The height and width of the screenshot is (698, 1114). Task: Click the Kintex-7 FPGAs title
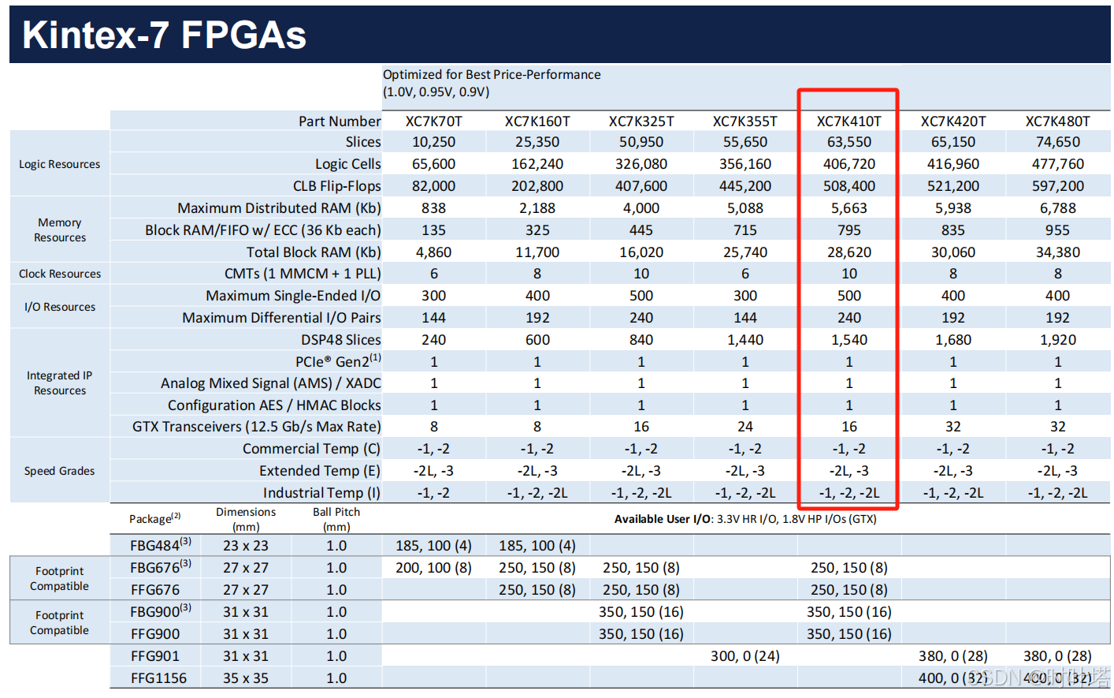[x=164, y=35]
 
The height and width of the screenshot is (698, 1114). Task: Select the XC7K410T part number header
[x=848, y=121]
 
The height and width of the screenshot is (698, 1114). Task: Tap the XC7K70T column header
[x=433, y=121]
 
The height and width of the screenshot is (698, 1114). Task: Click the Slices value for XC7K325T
[x=641, y=142]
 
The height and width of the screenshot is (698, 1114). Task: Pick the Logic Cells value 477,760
[x=1057, y=164]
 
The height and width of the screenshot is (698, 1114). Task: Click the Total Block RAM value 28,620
[x=848, y=252]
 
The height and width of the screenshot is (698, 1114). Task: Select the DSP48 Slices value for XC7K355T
[x=745, y=340]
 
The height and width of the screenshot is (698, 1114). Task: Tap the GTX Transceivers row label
[x=256, y=427]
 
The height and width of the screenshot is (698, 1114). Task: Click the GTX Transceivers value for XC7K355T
[x=745, y=427]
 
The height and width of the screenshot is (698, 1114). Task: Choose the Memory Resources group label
[x=60, y=230]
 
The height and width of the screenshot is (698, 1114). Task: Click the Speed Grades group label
[x=59, y=471]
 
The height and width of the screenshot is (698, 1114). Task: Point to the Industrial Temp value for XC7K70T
[x=433, y=493]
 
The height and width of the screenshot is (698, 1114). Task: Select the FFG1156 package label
[x=158, y=678]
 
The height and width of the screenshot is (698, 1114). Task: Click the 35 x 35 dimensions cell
[x=245, y=678]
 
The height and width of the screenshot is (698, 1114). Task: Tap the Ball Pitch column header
[x=336, y=518]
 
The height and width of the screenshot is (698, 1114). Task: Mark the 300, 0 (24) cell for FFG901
[x=745, y=656]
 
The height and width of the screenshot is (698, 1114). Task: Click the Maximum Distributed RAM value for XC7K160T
[x=537, y=208]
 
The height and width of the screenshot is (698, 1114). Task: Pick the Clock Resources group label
[x=60, y=274]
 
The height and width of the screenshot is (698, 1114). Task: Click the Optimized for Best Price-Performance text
[x=492, y=75]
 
